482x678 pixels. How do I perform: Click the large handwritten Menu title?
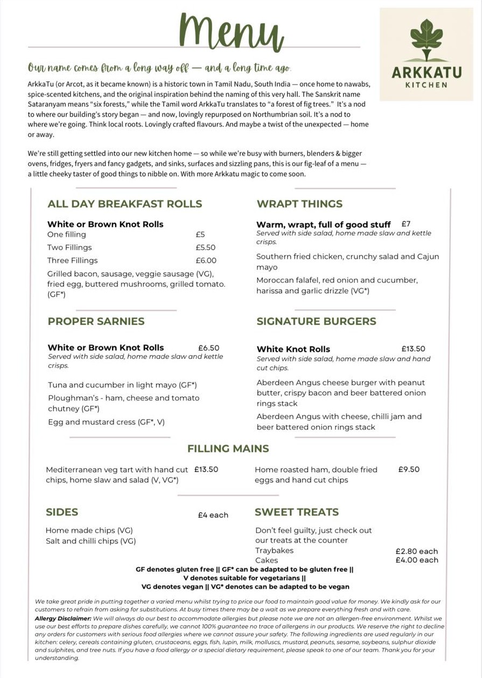[x=232, y=32]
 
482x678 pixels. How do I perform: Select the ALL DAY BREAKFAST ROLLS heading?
[x=125, y=204]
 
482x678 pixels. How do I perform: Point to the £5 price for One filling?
[x=200, y=235]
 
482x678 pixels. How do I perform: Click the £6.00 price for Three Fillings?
[x=206, y=260]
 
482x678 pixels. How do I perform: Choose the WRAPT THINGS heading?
[x=299, y=204]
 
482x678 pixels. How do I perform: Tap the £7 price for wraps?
[x=406, y=223]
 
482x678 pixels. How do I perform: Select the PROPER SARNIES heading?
[x=96, y=321]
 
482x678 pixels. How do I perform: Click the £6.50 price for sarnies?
[x=209, y=348]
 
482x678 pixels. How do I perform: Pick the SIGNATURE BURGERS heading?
[x=316, y=321]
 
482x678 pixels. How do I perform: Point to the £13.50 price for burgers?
[x=413, y=349]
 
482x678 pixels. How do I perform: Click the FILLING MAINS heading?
[x=228, y=448]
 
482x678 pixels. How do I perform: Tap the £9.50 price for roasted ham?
[x=409, y=469]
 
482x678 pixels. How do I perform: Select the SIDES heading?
[x=62, y=512]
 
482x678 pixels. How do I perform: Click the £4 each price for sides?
[x=213, y=515]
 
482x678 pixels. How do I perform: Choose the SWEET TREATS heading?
[x=297, y=512]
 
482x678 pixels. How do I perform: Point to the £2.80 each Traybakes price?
[x=417, y=551]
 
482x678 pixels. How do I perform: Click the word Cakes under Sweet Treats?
[x=267, y=560]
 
